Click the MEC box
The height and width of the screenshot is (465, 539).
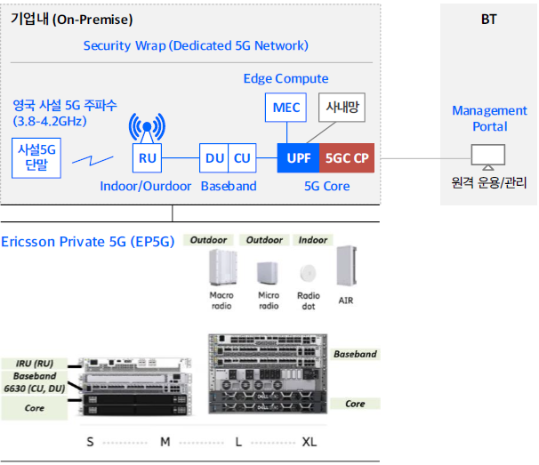coord(286,108)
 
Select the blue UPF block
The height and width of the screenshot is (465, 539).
coord(298,157)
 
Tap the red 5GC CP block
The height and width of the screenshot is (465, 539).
coord(347,157)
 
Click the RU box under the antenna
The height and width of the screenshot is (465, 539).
coord(147,157)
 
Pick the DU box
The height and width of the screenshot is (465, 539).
coord(213,157)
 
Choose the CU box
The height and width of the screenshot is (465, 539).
coord(242,157)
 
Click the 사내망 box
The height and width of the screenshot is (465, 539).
coord(342,108)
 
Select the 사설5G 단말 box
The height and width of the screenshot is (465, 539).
coord(36,158)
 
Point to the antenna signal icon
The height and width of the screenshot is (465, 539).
coord(147,127)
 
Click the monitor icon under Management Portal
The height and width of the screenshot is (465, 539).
coord(488,157)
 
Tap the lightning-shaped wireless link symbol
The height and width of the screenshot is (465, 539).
coord(93,160)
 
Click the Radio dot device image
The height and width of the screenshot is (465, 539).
coord(308,273)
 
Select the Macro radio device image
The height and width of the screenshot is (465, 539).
coord(223,268)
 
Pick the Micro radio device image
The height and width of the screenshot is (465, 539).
coord(268,273)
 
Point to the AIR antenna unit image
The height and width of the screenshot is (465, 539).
coord(347,266)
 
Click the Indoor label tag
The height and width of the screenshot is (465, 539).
coord(313,240)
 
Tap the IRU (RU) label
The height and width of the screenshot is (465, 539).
coord(35,364)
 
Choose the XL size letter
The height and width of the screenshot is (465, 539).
coord(309,442)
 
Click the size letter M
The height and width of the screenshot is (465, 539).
coord(165,442)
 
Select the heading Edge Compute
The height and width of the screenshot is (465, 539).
coord(286,79)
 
